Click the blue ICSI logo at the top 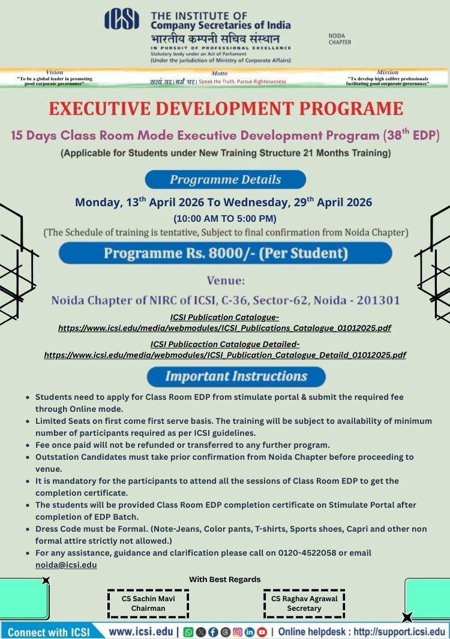(122, 19)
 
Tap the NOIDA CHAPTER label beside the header (340, 39)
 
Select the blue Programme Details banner (225, 179)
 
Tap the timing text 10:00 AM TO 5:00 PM (225, 218)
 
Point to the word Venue (226, 280)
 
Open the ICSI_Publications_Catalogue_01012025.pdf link (225, 328)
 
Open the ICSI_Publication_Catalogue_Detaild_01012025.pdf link (225, 355)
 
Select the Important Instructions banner (236, 376)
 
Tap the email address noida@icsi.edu (66, 565)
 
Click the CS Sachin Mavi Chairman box (148, 603)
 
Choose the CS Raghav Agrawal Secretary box (304, 603)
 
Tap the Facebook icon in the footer (214, 632)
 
